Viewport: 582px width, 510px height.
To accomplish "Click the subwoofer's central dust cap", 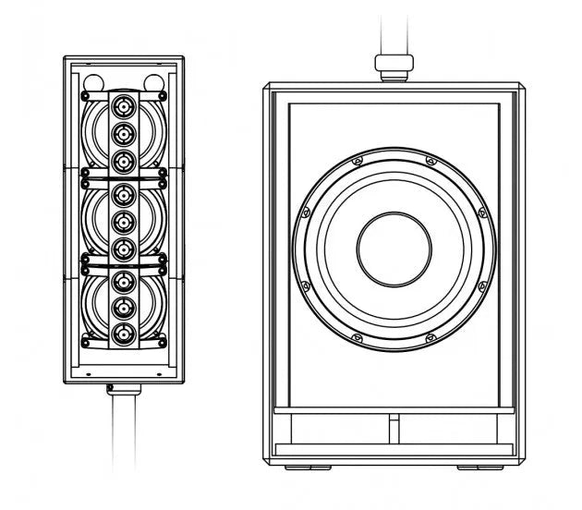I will pos(394,249).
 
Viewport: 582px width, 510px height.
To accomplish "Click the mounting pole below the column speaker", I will pos(125,434).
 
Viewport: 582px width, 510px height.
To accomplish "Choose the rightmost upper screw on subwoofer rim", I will pos(481,212).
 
